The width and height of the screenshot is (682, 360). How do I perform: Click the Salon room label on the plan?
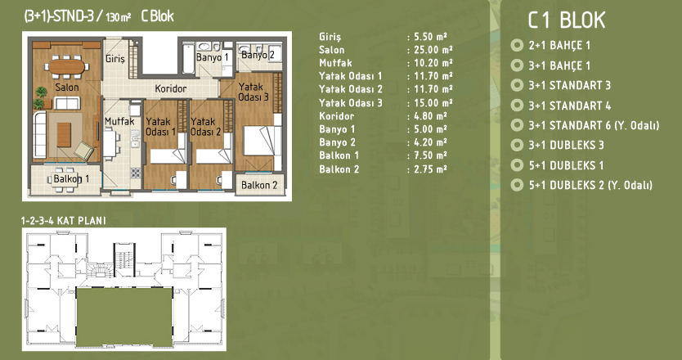coord(67,87)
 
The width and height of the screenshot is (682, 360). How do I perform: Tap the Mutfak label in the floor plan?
coord(119,121)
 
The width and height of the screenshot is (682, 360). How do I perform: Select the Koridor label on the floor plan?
coord(170,89)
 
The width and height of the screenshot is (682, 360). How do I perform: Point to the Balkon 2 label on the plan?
coord(259,185)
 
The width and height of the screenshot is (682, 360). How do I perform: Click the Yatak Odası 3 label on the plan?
coord(254,92)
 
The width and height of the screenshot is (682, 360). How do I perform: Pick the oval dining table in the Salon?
coord(66,66)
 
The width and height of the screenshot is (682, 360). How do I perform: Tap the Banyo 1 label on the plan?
coord(213,57)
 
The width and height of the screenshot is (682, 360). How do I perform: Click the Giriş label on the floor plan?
coord(115,59)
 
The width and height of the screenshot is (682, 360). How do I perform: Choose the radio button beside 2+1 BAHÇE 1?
coord(517,45)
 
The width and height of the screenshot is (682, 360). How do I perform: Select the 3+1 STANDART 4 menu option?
coord(570,106)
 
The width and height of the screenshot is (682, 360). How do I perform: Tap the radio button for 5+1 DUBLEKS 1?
coord(517,165)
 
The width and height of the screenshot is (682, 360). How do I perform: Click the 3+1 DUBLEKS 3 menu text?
coord(567,145)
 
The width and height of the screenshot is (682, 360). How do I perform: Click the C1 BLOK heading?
coord(567,20)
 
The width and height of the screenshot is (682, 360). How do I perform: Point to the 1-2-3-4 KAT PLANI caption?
coord(64,221)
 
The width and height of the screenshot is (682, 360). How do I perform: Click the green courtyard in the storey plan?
coord(124,317)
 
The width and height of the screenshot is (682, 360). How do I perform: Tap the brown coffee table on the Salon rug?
coord(64,135)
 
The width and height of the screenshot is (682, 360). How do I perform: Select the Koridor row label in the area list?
coord(337,116)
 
